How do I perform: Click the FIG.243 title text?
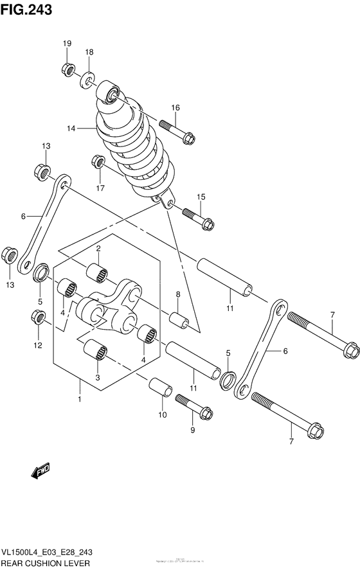click(26, 9)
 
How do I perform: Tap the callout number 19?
click(66, 43)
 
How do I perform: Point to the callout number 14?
click(70, 129)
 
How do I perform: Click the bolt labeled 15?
click(199, 218)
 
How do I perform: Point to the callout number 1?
click(80, 399)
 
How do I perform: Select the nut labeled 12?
click(38, 317)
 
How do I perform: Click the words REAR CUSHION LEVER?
click(44, 564)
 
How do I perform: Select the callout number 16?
click(175, 107)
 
